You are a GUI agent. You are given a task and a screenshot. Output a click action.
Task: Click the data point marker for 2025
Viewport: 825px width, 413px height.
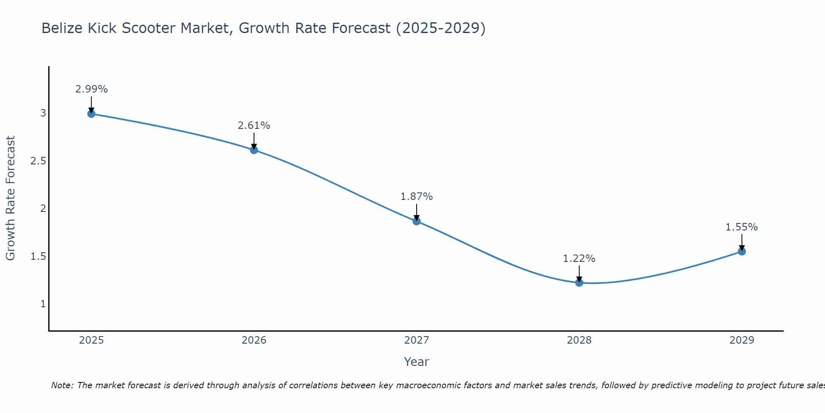92,114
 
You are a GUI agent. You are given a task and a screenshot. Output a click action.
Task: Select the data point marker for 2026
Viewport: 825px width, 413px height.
254,150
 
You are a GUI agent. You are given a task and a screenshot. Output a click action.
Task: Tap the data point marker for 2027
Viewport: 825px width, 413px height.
417,221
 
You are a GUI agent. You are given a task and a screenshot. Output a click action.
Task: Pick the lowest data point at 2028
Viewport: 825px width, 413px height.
579,282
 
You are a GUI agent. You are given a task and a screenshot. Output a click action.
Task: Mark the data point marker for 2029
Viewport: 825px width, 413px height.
742,251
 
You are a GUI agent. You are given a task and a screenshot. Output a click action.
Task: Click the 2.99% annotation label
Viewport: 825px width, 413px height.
92,89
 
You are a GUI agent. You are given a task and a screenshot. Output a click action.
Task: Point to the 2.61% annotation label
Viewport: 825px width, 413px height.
254,126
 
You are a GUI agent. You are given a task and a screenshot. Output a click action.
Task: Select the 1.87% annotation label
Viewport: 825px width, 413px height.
417,197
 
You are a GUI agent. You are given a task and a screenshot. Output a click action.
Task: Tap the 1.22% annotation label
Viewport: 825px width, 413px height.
579,259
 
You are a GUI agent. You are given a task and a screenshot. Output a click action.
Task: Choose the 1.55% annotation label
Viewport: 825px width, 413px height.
742,227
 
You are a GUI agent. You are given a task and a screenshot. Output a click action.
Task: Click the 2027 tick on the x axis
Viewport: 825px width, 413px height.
417,340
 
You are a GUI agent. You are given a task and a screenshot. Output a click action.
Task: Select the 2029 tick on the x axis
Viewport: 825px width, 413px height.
742,340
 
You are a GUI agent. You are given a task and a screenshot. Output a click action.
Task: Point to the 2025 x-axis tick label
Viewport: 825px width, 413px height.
92,340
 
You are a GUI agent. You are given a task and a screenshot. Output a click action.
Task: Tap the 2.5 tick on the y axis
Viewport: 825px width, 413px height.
38,161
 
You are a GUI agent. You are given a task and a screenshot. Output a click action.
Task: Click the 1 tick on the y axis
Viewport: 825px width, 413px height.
43,304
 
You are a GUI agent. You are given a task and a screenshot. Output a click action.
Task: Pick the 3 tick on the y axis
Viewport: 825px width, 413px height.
43,113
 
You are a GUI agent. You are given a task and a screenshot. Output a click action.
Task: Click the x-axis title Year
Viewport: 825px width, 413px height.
417,362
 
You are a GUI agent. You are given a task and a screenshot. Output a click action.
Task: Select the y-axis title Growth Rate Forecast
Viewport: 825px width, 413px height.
10,198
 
